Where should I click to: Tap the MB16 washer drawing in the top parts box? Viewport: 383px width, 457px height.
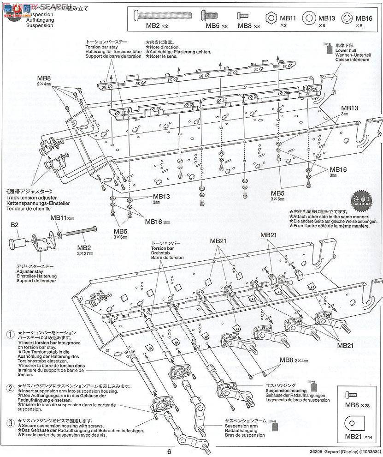348,18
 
